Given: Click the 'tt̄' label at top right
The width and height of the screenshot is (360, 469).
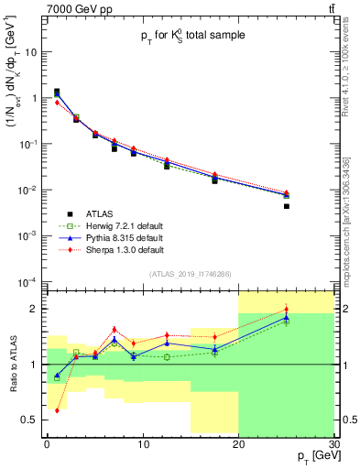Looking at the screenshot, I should click(x=330, y=8).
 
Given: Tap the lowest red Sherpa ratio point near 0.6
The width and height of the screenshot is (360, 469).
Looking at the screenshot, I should click(x=57, y=410).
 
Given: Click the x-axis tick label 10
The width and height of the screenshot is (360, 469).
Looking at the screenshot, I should click(x=142, y=443).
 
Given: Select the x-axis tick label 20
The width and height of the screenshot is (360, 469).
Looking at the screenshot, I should click(x=238, y=443).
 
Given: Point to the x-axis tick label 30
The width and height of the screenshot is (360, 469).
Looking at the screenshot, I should click(x=333, y=443).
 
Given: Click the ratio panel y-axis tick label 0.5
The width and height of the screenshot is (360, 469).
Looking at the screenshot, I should click(x=33, y=420).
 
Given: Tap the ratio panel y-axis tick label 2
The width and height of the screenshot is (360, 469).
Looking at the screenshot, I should click(x=38, y=309).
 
